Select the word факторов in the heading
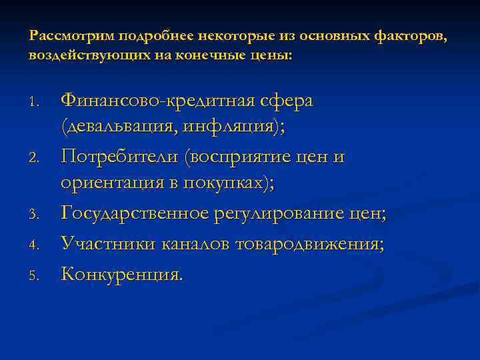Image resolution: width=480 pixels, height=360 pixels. click(411, 36)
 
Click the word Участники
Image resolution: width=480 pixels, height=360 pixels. click(107, 244)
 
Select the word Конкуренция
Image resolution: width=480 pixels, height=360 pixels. click(121, 273)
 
